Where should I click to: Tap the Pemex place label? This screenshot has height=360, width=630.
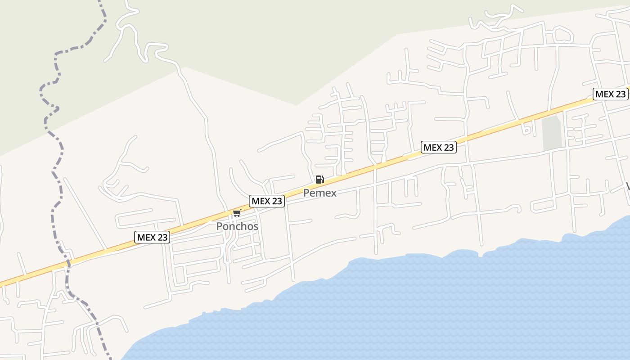click(319, 193)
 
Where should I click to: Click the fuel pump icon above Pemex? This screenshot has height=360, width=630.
click(319, 180)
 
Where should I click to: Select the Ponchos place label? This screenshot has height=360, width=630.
click(237, 226)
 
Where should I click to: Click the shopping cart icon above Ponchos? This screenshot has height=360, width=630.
click(237, 213)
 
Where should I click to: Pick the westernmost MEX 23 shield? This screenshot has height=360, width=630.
click(152, 237)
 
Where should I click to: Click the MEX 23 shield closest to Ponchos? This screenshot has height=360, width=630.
click(267, 201)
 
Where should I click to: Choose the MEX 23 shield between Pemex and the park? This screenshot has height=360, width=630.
click(439, 147)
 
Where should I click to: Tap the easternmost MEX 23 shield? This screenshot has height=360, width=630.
click(610, 94)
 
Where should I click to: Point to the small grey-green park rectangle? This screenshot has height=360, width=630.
click(552, 133)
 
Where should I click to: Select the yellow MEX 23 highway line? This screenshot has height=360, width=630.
click(360, 171)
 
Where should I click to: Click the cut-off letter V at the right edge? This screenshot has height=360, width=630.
click(627, 186)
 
